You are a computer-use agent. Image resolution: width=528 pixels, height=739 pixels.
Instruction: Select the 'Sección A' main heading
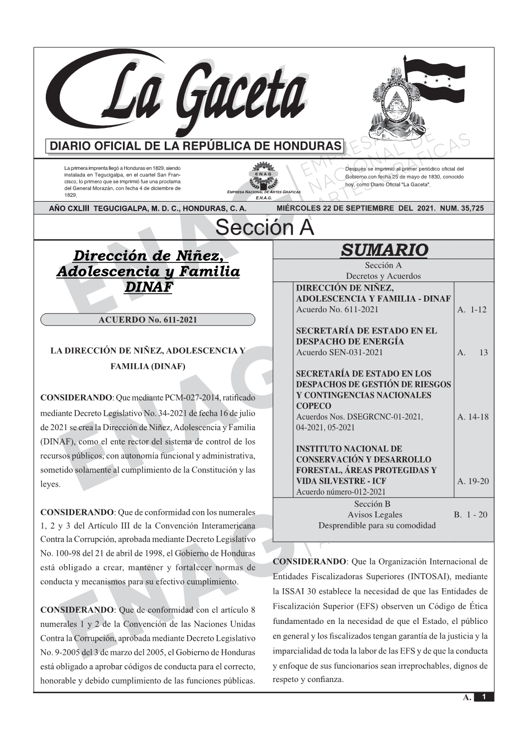point(264,228)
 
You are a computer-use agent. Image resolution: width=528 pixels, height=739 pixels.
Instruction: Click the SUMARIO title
point(384,250)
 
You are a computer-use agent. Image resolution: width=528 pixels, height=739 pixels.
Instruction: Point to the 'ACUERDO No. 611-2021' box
point(148,320)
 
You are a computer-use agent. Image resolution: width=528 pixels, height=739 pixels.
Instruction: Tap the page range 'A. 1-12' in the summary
point(472,309)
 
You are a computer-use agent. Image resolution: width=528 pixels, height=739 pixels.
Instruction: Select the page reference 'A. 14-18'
point(472,417)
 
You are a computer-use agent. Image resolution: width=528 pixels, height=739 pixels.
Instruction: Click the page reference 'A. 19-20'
point(472,481)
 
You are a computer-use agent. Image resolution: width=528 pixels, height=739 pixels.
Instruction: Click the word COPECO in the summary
point(313,406)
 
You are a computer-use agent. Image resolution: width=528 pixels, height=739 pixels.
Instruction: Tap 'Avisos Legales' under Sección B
point(374,514)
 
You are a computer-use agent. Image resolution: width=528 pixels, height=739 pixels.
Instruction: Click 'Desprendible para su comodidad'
point(377,525)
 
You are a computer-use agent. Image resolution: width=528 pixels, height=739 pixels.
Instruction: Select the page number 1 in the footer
point(484,697)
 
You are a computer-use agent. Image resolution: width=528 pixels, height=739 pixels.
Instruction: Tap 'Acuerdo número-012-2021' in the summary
point(341,492)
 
